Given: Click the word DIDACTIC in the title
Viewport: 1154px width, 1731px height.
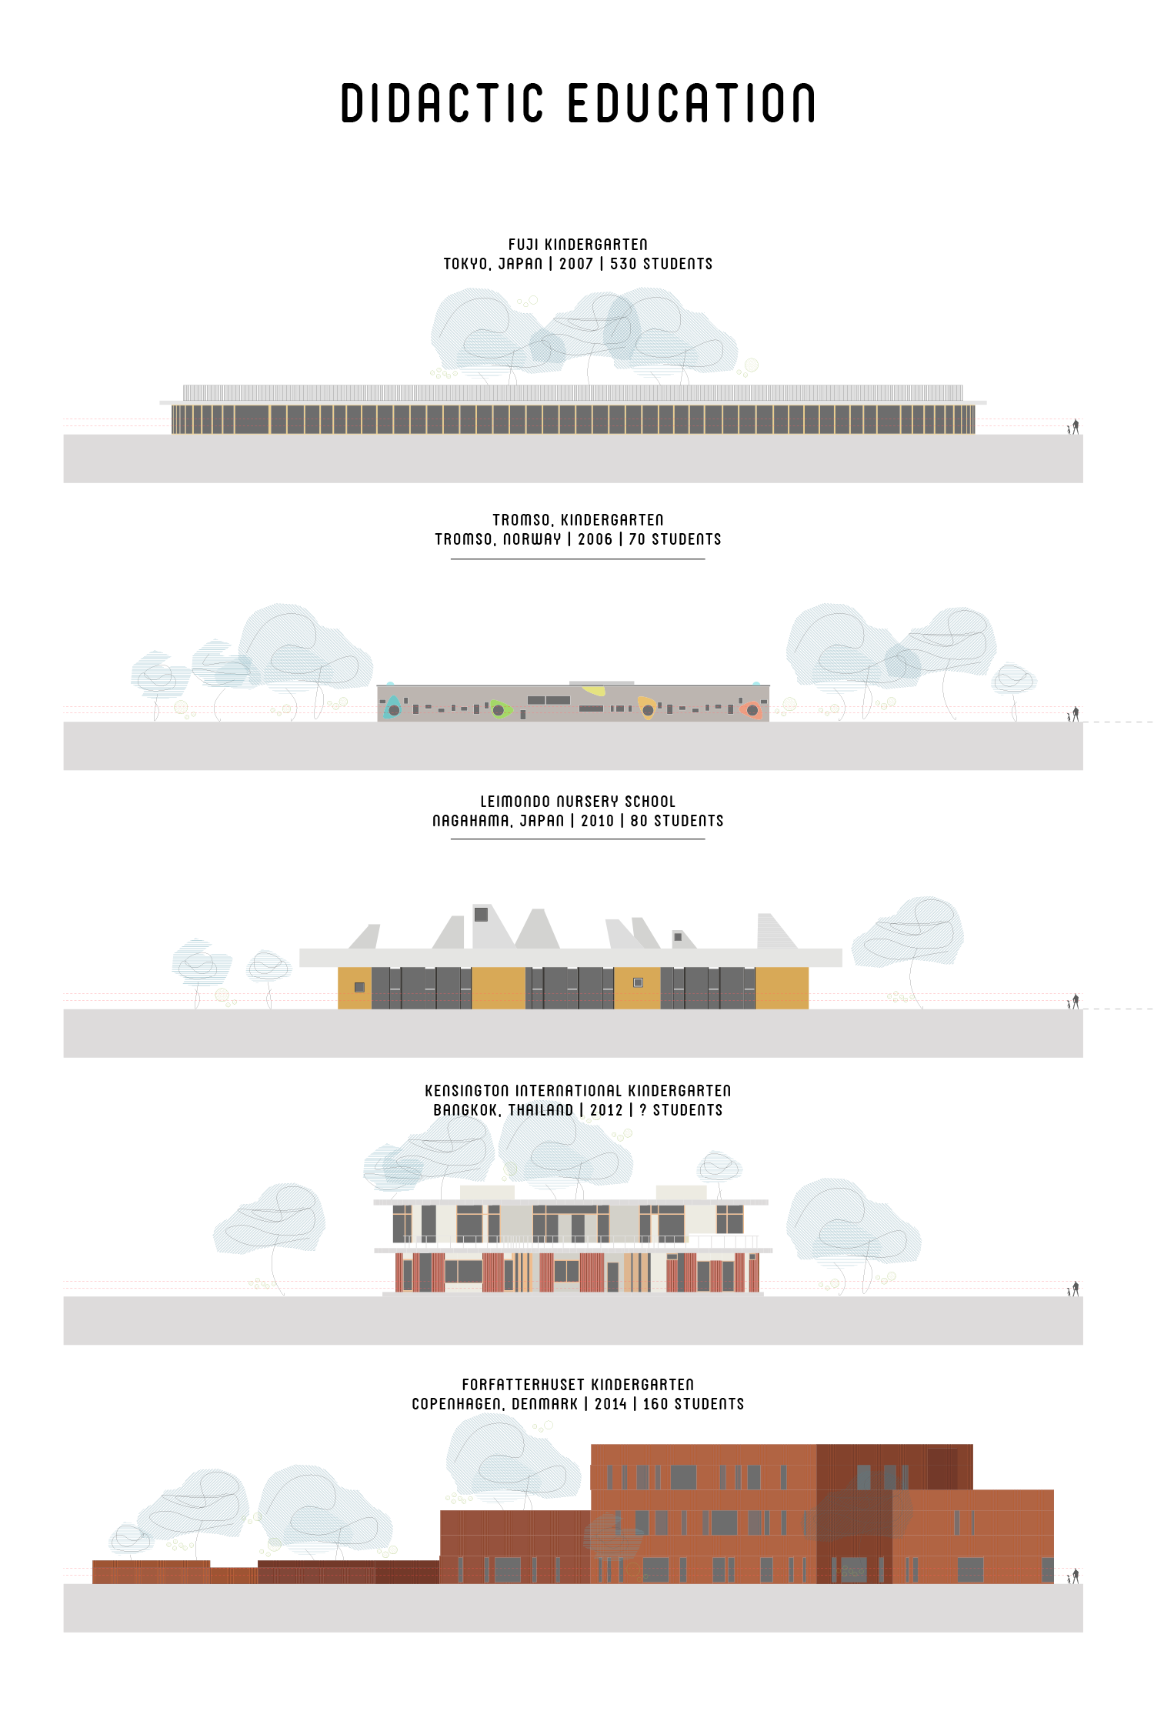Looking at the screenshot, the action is pos(442,104).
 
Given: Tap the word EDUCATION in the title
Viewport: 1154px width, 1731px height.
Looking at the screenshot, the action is pos(692,104).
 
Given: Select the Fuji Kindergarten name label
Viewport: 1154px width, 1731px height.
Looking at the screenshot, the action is pos(578,245).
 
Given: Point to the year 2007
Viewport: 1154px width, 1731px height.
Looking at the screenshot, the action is pos(575,264).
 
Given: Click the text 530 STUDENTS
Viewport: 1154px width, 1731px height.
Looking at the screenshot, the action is pos(661,264).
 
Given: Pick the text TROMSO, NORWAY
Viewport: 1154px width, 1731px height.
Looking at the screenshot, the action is pos(498,539).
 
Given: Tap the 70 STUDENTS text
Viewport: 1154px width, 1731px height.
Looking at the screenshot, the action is pos(675,539).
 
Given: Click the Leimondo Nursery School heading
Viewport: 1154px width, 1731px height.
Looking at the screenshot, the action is pos(578,802).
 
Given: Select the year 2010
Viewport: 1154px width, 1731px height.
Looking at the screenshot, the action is pos(597,821).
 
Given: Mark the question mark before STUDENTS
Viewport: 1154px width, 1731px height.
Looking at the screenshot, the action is pos(643,1110).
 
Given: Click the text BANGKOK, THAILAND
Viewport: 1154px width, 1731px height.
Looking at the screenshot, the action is pos(503,1110).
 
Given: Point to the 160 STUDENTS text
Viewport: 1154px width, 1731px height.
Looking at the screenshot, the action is pos(693,1404).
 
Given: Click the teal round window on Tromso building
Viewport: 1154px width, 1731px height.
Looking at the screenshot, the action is pos(394,710).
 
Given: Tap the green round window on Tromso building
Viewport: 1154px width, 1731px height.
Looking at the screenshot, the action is pos(499,710).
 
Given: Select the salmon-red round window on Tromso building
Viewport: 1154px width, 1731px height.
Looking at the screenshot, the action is pos(752,710).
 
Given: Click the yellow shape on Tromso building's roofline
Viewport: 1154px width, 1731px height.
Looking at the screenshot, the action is pos(593,690).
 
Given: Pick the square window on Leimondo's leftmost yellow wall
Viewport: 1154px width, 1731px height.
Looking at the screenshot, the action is pos(359,987).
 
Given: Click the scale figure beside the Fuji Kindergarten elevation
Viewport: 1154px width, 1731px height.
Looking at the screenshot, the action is pos(1075,425).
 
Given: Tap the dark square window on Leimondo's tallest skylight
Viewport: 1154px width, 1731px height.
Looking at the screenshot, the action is pos(481,914).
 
